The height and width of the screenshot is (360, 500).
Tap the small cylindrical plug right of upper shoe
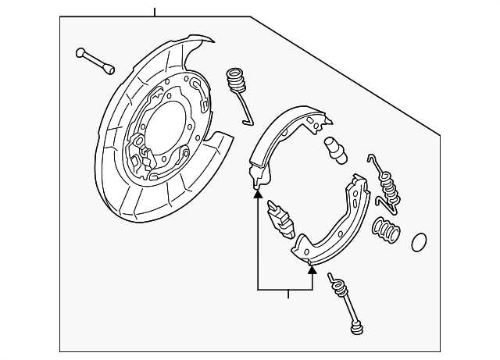(334, 149)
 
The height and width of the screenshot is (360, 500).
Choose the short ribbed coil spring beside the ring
(387, 231)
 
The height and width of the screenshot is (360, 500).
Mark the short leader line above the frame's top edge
(155, 12)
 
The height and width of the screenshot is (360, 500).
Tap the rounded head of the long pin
(80, 53)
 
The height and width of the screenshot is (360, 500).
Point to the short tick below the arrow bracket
(288, 294)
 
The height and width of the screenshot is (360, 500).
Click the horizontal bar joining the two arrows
(285, 290)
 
